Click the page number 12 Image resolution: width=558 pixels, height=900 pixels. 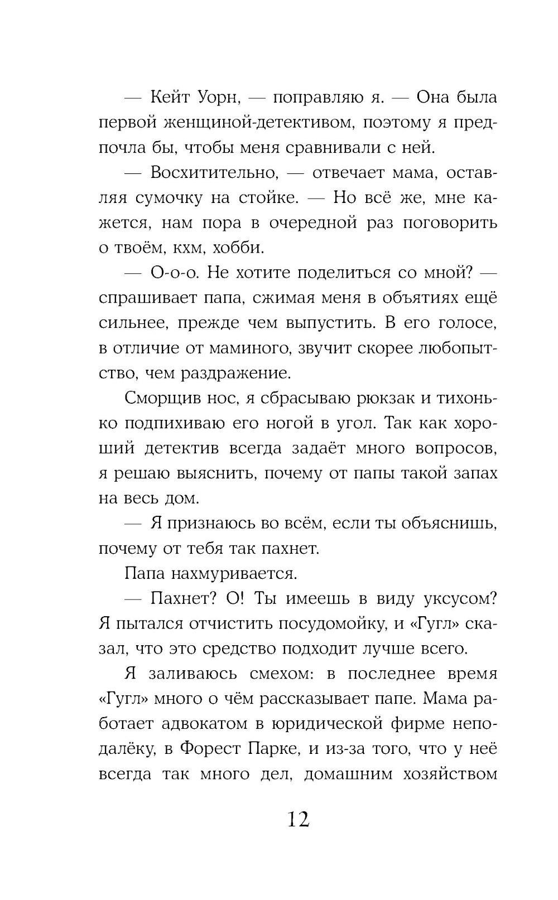pos(298,819)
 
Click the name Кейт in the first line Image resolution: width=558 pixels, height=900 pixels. pos(171,98)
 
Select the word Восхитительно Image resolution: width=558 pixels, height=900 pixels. pos(214,173)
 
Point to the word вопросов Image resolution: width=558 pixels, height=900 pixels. pos(456,448)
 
